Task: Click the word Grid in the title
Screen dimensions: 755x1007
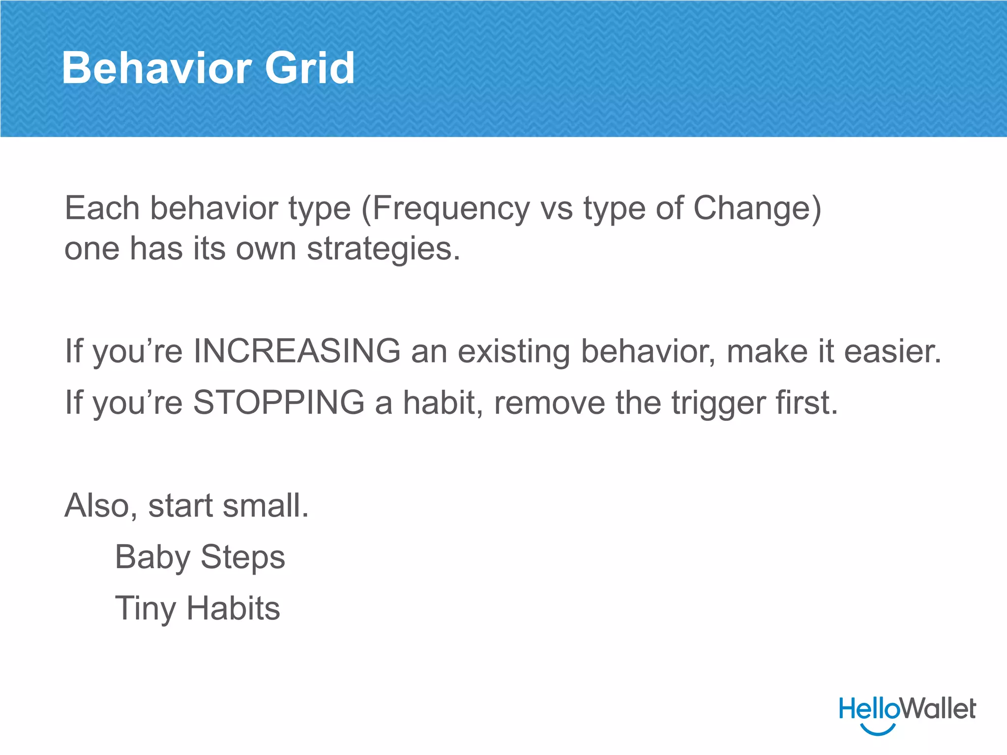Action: point(310,68)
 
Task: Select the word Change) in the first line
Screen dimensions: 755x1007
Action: point(757,208)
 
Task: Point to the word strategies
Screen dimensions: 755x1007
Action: point(384,249)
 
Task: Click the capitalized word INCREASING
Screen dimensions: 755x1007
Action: point(297,351)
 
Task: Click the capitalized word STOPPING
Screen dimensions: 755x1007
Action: point(279,403)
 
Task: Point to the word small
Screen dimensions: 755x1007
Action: point(266,506)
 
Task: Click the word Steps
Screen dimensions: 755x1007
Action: point(243,558)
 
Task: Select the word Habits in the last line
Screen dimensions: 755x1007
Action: point(233,609)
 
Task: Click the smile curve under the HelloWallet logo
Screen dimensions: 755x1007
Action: point(878,730)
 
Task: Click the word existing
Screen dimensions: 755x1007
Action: point(514,352)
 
